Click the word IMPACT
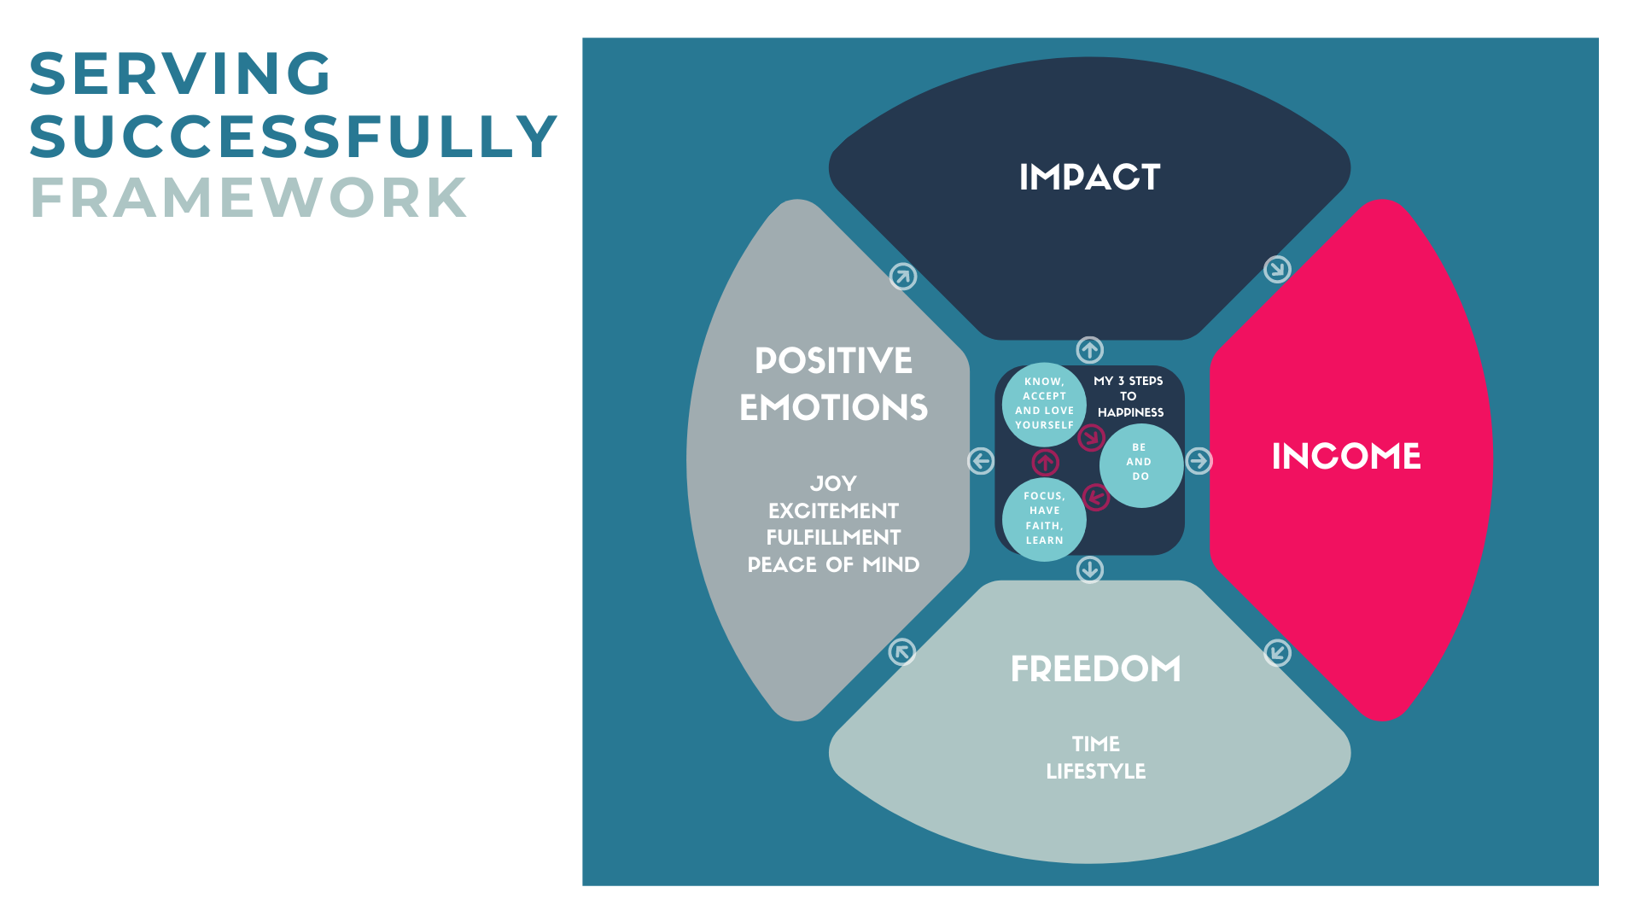point(1089,178)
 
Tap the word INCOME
point(1346,457)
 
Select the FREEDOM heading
point(1095,669)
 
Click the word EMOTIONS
point(833,408)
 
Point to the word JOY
point(833,484)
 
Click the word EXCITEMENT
point(833,511)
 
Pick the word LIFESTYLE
point(1095,772)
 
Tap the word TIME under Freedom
point(1095,744)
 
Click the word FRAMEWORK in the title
point(248,198)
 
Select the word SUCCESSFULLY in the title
point(294,137)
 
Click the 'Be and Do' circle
point(1140,465)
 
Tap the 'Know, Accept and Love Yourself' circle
point(1044,404)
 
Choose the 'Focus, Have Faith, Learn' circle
point(1044,519)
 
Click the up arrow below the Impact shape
point(1089,350)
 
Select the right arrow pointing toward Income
point(1199,461)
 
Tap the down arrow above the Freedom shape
point(1089,569)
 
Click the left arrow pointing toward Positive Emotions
point(981,461)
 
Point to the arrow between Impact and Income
point(1277,270)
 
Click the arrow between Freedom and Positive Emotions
point(902,652)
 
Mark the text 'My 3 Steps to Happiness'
point(1129,396)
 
